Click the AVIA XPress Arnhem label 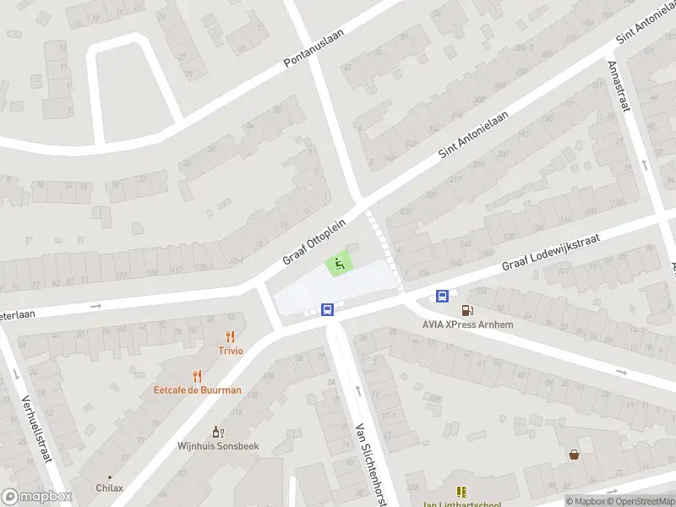(467, 324)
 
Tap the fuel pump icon (467, 310)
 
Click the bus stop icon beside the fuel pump (442, 295)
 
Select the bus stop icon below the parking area (330, 309)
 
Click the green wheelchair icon (340, 264)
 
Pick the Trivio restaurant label (231, 351)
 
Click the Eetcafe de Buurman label (198, 390)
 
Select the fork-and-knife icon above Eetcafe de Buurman (198, 376)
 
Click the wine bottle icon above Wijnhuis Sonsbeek (217, 431)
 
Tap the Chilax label (110, 488)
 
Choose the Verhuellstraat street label (35, 431)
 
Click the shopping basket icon (575, 454)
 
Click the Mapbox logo (36, 497)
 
